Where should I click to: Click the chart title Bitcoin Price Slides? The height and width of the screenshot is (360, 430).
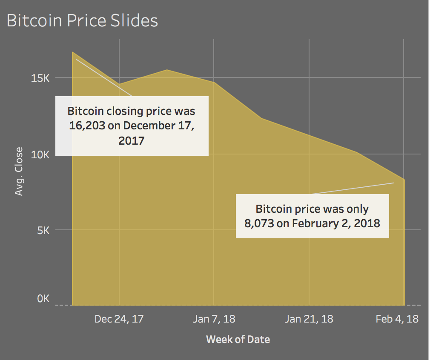[x=82, y=20]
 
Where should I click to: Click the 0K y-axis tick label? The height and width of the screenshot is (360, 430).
[x=43, y=299]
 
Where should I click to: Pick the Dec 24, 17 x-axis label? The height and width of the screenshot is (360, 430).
[x=119, y=319]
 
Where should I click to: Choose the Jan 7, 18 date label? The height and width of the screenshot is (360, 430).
[x=214, y=319]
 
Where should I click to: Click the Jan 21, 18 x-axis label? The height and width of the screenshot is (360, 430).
[x=309, y=319]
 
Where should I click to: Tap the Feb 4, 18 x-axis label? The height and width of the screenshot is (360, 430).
[x=397, y=319]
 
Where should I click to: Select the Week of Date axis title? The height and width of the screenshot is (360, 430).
[x=238, y=339]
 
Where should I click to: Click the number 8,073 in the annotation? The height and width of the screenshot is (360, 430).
[x=259, y=223]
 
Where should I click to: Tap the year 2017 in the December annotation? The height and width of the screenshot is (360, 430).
[x=132, y=140]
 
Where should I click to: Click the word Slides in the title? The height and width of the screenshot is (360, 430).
[x=136, y=20]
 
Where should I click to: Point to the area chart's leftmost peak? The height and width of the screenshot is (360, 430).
[x=73, y=52]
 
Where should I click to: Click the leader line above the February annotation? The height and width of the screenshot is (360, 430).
[x=353, y=188]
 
